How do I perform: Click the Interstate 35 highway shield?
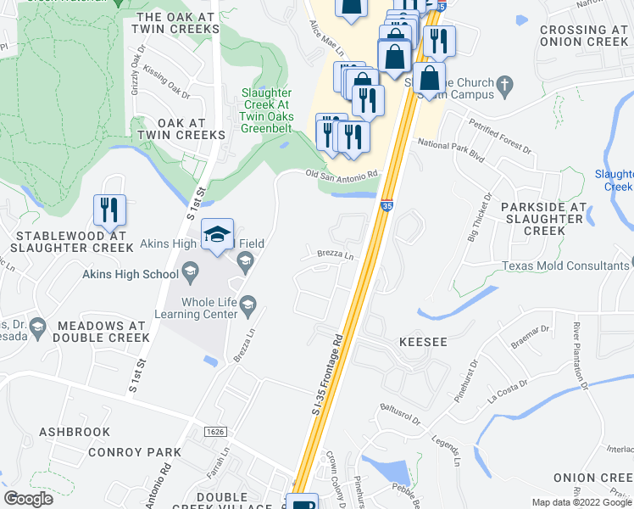click(x=387, y=204)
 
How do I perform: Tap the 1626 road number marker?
click(x=214, y=432)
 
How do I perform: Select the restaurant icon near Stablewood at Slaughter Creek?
click(x=110, y=210)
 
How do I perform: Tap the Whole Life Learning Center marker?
click(x=248, y=304)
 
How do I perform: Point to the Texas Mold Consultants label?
click(x=565, y=266)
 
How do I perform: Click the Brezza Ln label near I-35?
click(x=334, y=255)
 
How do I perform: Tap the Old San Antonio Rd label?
click(x=341, y=175)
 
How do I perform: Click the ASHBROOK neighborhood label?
click(x=75, y=432)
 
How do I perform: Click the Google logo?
click(x=29, y=498)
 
